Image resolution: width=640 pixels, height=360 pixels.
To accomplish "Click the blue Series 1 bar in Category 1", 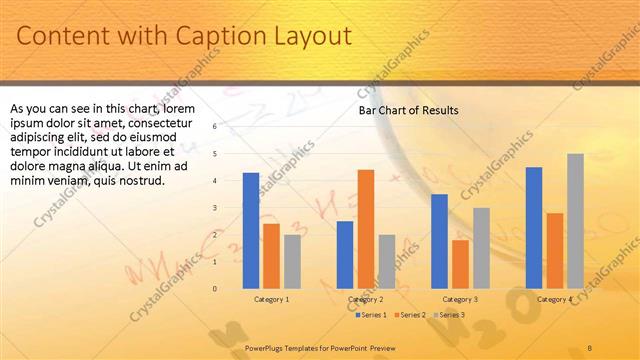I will point(251,230).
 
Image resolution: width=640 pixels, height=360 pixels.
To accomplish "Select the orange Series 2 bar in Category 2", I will point(366,228).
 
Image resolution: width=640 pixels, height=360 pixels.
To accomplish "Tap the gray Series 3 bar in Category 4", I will point(575,220).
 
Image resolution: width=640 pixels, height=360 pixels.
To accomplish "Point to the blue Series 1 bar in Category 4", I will point(534,227).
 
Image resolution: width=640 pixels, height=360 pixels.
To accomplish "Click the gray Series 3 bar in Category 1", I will point(291,261).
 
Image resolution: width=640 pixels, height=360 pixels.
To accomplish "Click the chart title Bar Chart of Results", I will point(408,111).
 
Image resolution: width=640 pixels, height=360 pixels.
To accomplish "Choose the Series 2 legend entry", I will point(411,315).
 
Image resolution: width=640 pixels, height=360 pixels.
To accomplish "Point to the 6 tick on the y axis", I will point(214,127).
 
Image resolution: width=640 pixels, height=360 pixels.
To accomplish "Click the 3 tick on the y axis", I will point(214,208).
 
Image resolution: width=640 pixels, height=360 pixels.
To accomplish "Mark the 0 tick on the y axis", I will point(214,289).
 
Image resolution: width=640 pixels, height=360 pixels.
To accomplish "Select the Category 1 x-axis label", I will point(271,299).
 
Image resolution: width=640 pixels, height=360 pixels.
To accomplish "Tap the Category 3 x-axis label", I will point(460,299).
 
